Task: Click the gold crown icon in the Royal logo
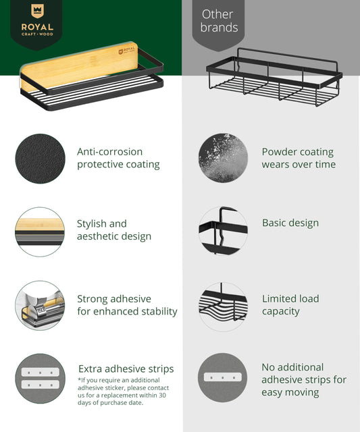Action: click(37, 11)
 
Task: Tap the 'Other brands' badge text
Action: click(219, 21)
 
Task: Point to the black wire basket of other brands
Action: click(274, 78)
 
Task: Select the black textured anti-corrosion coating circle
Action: click(41, 159)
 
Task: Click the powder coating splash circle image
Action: click(223, 158)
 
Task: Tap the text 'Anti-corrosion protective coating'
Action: click(118, 158)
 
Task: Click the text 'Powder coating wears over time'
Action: click(299, 158)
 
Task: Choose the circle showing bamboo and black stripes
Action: click(40, 232)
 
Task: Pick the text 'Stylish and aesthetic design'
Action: click(114, 230)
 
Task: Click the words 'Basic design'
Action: click(290, 223)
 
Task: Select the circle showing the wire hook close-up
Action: click(223, 231)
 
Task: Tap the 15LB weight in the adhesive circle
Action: click(41, 309)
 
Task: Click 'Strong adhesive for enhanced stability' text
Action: click(127, 305)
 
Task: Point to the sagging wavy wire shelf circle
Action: click(223, 306)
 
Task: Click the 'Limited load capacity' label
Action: click(290, 305)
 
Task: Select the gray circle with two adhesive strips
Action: click(41, 379)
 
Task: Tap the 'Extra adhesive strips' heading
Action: click(126, 369)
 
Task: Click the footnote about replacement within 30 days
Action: click(123, 391)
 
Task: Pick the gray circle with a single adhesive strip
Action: click(223, 377)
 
